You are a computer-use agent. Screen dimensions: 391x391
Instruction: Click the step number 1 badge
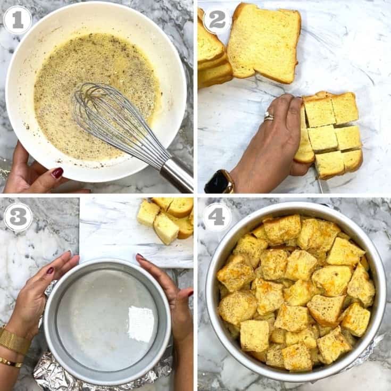(18, 20)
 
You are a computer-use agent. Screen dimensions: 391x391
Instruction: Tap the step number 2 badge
(217, 20)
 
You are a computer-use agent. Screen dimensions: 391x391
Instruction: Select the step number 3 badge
(18, 217)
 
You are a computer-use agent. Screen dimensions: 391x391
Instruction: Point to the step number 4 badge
(217, 217)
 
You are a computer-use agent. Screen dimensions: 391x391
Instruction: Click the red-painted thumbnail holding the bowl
(57, 172)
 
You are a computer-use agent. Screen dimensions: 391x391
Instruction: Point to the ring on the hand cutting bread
(269, 117)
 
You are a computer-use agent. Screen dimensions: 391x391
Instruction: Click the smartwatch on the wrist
(220, 182)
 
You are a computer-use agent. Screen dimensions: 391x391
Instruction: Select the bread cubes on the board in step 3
(168, 218)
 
